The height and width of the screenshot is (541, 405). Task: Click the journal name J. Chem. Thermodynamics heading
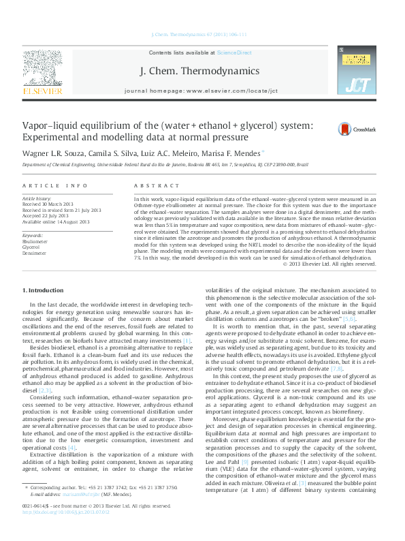[x=199, y=71]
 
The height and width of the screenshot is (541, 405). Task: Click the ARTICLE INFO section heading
[x=54, y=185]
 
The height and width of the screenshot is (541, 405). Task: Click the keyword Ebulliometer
[x=36, y=222]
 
